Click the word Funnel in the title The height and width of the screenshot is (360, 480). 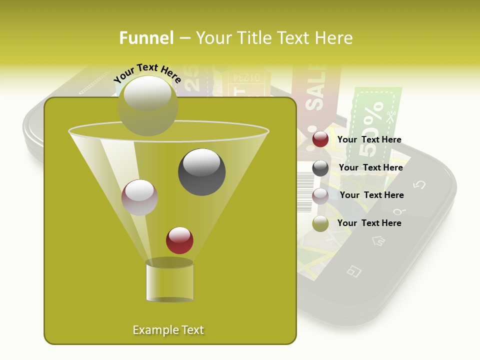(x=146, y=38)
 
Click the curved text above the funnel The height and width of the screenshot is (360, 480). (x=147, y=73)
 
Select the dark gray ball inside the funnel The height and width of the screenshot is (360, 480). (x=202, y=172)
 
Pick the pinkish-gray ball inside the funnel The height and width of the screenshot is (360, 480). (x=139, y=197)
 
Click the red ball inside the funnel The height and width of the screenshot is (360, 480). (x=180, y=240)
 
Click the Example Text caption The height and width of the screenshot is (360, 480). (x=168, y=330)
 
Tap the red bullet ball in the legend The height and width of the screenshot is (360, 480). (x=320, y=139)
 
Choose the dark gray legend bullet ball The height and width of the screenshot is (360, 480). (x=320, y=168)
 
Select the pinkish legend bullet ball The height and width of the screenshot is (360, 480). (x=320, y=195)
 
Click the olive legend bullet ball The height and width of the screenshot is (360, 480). (x=320, y=223)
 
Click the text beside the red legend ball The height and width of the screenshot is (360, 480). (x=369, y=139)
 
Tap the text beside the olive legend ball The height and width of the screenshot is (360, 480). (x=369, y=223)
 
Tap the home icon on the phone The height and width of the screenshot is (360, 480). (x=378, y=241)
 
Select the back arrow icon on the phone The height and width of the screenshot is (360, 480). (x=419, y=184)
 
